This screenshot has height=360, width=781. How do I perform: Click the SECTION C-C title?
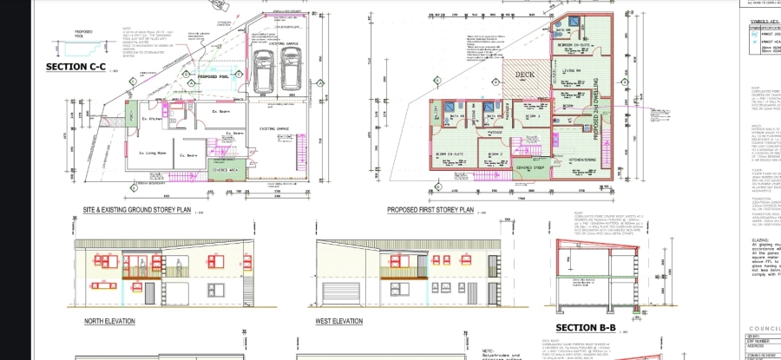tap(76, 67)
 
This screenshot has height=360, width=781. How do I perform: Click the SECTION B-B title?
tap(585, 327)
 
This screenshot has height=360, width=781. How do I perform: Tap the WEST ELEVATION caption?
tap(338, 321)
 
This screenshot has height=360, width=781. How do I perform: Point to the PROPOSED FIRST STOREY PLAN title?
tap(430, 209)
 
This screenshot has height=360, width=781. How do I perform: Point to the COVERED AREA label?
tap(228, 171)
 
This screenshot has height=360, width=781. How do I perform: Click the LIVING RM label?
tap(570, 70)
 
